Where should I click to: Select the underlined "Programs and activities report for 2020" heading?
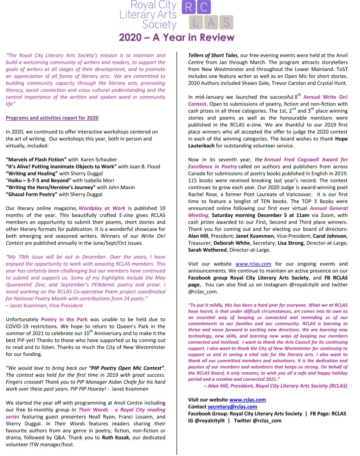click(52, 118)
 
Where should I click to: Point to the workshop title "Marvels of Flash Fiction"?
click(36, 160)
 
